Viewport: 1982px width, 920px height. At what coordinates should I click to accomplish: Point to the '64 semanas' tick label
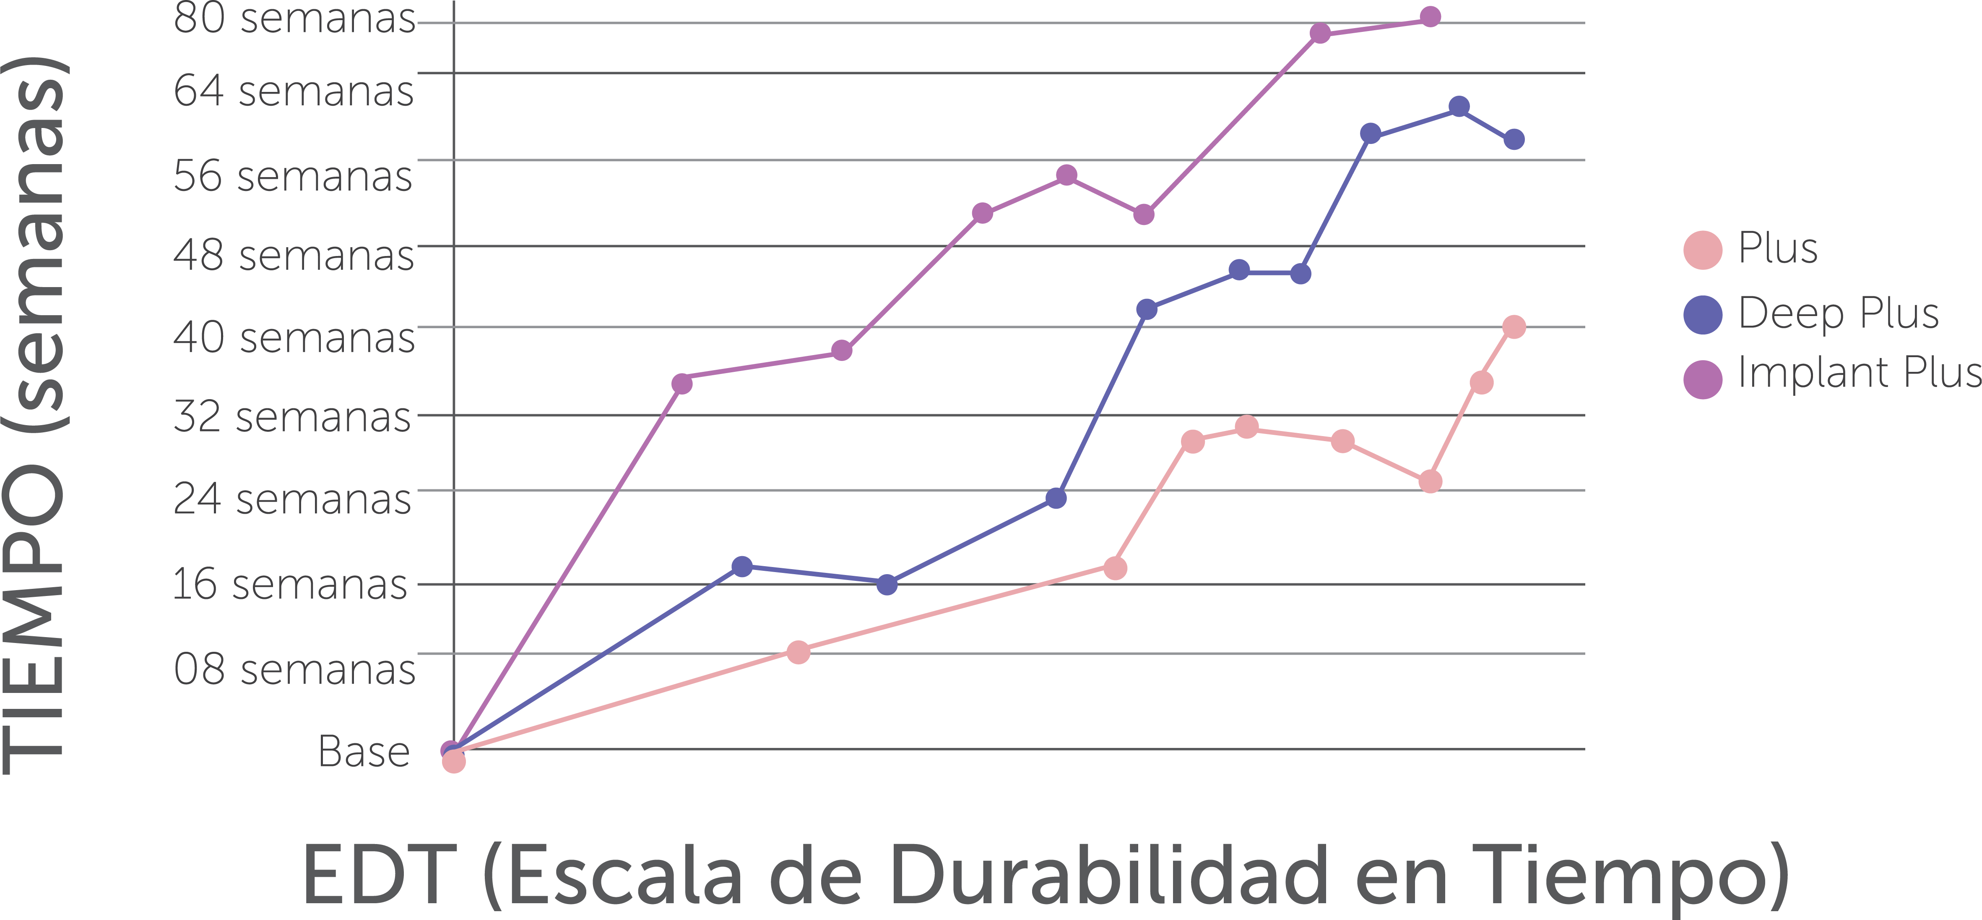(294, 91)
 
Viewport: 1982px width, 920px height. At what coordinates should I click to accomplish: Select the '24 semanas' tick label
(292, 499)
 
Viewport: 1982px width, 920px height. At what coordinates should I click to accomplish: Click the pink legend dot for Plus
(1703, 249)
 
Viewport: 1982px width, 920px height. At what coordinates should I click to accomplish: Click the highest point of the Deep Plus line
(1459, 106)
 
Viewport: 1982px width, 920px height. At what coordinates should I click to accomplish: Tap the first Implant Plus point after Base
(681, 383)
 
